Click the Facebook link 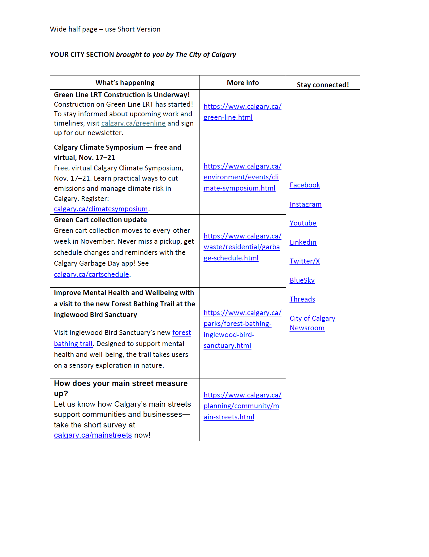[x=305, y=185]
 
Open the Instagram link [x=306, y=204]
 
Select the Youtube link [x=303, y=223]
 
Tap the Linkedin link [x=303, y=242]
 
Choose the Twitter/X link [x=305, y=261]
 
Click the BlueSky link [x=302, y=281]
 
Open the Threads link [x=302, y=299]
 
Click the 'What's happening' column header [x=125, y=83]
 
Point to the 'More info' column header [x=243, y=83]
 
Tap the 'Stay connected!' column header [x=323, y=85]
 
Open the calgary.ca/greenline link [x=133, y=123]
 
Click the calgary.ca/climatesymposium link [x=101, y=209]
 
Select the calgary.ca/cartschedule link [x=91, y=275]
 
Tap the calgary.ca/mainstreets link [x=93, y=435]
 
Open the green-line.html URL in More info [x=242, y=112]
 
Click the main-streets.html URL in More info [x=242, y=406]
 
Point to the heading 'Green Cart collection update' [x=100, y=220]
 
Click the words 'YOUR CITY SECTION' [x=82, y=55]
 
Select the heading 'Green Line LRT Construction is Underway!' [x=122, y=95]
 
